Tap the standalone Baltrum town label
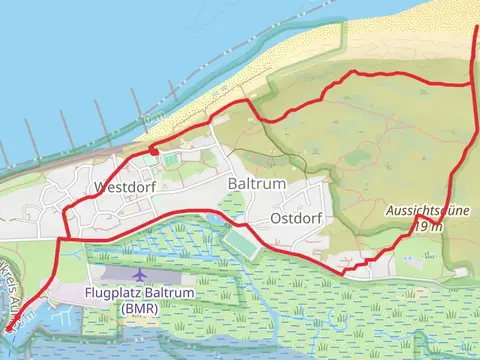[257, 185]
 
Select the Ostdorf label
[295, 219]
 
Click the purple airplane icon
[138, 273]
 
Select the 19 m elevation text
[427, 226]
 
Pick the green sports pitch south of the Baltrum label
[238, 243]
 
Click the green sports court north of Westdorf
[171, 159]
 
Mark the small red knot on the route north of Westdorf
[151, 150]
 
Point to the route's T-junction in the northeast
[470, 85]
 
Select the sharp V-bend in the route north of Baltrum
[262, 121]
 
